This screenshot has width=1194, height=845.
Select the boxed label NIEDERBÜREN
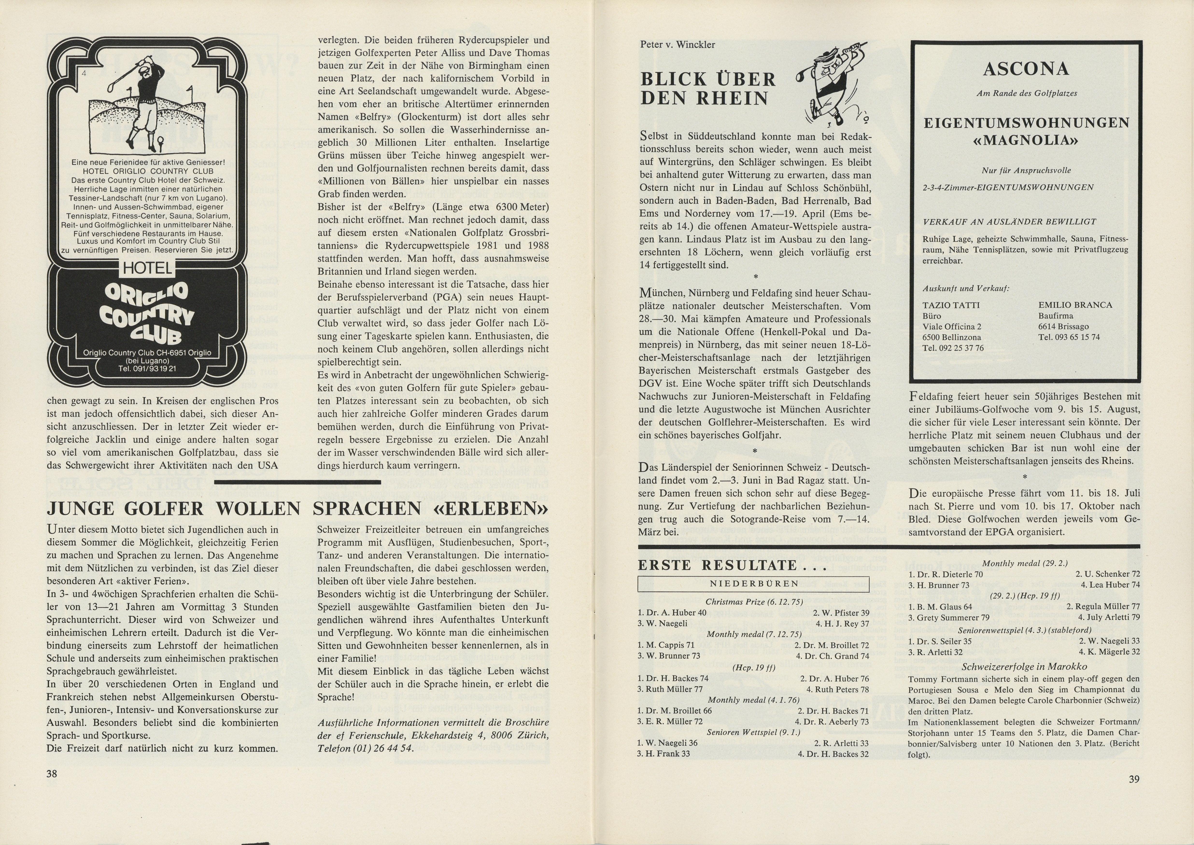point(754,584)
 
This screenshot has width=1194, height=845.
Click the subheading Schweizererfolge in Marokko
point(1024,666)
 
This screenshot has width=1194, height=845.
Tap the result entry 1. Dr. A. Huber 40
point(672,612)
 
